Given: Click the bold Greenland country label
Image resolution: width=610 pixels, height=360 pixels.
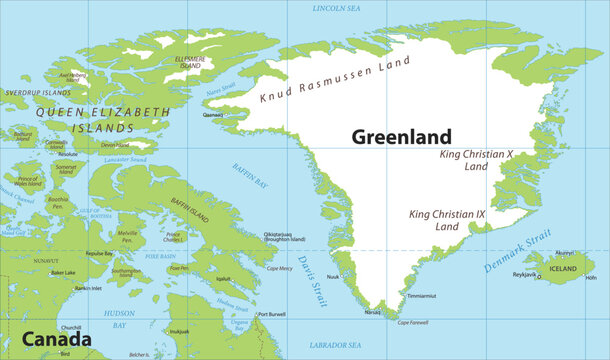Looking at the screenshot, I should (x=401, y=137).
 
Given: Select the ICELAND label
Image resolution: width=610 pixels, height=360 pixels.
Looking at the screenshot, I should (x=563, y=268).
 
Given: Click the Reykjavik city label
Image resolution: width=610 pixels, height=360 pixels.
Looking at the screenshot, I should (x=525, y=274).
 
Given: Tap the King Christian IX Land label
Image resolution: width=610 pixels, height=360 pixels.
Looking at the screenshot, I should (x=434, y=220).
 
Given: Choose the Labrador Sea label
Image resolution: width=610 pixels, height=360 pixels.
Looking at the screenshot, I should (x=337, y=344).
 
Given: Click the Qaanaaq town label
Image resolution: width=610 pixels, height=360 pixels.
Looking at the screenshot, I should (x=214, y=115).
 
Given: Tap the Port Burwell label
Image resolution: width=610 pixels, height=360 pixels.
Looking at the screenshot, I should (x=271, y=315).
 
